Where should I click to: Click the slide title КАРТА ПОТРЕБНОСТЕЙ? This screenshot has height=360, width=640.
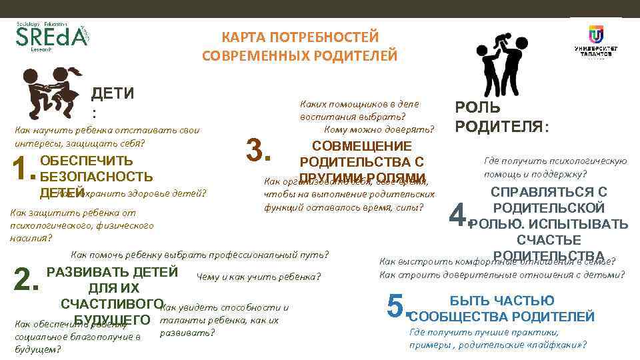tap(299, 35)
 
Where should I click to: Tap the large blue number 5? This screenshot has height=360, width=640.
tap(397, 307)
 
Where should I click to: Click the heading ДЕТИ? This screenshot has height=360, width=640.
tap(112, 93)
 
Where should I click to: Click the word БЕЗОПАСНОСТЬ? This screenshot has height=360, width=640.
tap(97, 177)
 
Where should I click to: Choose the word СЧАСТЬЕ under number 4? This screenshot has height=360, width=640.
tap(549, 240)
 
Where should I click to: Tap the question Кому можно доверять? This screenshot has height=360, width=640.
tap(378, 129)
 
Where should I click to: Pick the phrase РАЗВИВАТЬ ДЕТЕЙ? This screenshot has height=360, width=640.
tap(112, 272)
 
